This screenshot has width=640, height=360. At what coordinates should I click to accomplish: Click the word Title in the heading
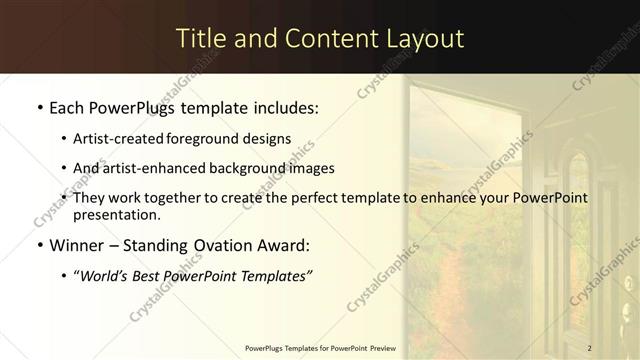(x=199, y=39)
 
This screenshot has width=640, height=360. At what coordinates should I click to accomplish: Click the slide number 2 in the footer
(x=590, y=348)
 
